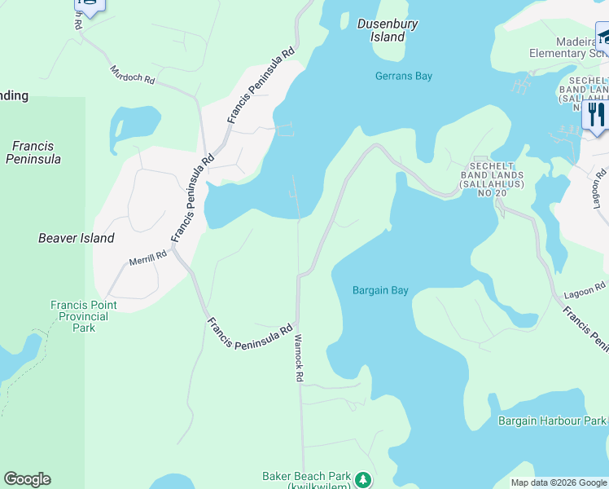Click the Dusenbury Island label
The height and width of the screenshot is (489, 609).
388,30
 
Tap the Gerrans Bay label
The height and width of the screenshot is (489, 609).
404,76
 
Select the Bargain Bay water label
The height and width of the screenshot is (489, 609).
380,290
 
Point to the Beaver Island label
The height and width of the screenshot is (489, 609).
77,239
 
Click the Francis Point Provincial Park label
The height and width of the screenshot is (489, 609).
83,316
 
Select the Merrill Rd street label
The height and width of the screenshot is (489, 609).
147,258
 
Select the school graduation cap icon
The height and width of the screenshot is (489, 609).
603,37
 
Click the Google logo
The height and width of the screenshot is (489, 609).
27,479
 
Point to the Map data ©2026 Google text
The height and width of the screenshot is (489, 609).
558,482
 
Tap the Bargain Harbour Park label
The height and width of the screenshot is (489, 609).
553,421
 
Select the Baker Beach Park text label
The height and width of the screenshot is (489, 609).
306,477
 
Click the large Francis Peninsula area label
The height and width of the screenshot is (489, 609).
33,152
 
